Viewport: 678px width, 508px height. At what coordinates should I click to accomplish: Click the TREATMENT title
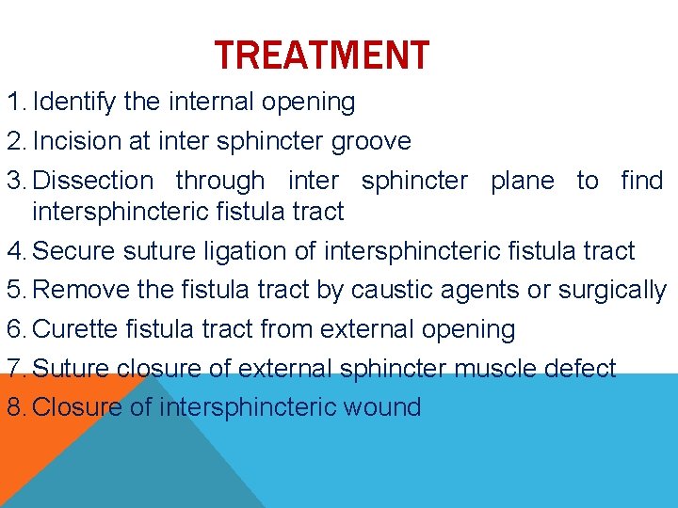tap(321, 56)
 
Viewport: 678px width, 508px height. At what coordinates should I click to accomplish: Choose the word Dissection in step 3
tap(92, 181)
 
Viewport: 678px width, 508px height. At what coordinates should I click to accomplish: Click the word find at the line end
tap(641, 181)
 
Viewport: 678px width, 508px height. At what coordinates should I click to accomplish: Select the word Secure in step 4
tap(74, 251)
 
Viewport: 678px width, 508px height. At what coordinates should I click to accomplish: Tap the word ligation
tap(273, 251)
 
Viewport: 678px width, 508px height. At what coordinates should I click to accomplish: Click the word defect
tap(585, 368)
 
